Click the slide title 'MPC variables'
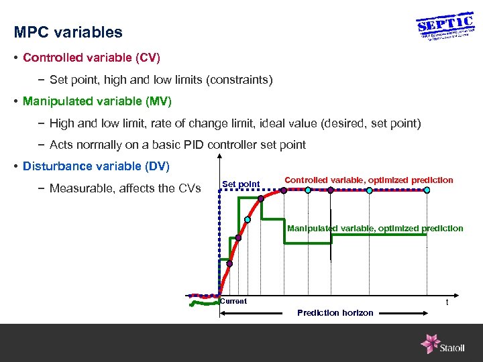click(68, 32)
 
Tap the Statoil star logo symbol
click(430, 344)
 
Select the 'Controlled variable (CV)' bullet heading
click(91, 58)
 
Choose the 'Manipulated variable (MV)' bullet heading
click(97, 101)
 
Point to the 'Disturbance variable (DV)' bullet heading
click(96, 166)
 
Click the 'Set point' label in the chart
click(240, 184)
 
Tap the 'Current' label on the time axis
click(233, 302)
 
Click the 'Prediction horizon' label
click(335, 313)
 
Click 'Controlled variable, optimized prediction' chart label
click(369, 180)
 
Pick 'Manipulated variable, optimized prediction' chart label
click(375, 229)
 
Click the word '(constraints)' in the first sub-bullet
click(240, 80)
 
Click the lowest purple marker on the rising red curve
click(229, 263)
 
